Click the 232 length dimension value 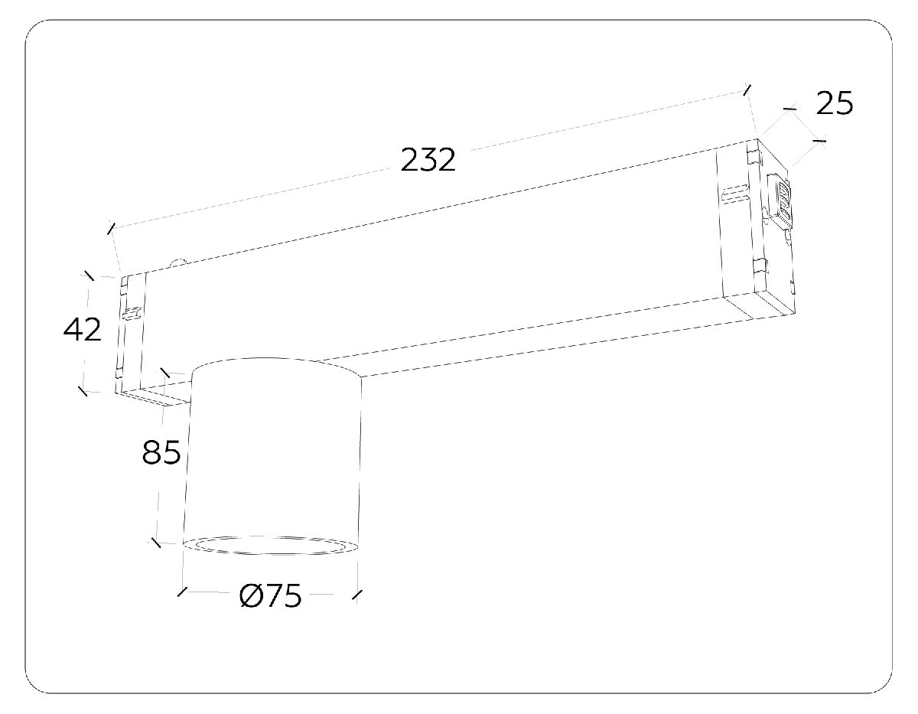pos(428,160)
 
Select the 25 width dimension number pos(834,103)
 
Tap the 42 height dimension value pos(82,330)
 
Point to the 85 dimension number pos(161,453)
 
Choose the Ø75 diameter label pos(271,596)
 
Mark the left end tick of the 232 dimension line pos(112,228)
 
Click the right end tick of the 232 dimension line pos(747,90)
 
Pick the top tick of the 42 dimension pos(89,275)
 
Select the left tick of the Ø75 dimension pos(182,592)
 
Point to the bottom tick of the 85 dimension pos(155,542)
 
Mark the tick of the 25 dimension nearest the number pos(819,140)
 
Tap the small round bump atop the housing pos(179,262)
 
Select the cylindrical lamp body pos(274,452)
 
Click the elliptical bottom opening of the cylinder pos(271,546)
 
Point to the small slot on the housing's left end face pos(132,312)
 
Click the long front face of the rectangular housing pos(428,275)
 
